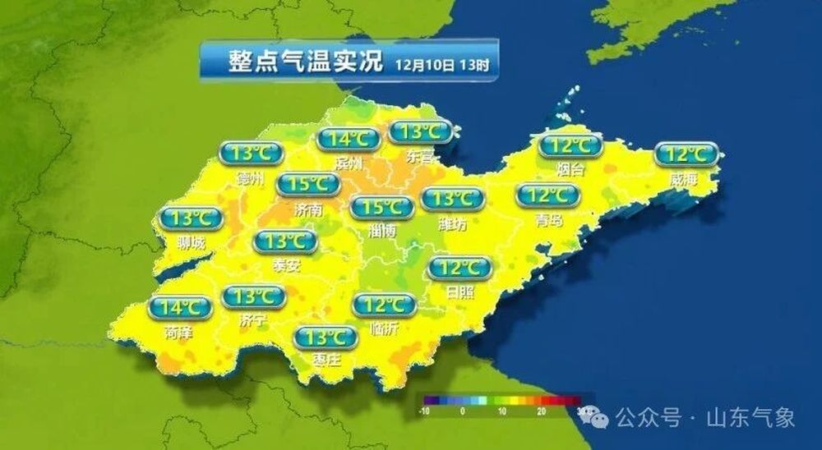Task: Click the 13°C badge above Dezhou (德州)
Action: tap(252, 153)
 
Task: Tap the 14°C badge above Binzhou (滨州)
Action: tap(349, 139)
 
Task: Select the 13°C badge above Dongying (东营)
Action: tap(420, 131)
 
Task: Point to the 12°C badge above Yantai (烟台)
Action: tap(570, 146)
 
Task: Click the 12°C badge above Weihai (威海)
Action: tap(687, 154)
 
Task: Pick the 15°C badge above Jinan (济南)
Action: tap(308, 184)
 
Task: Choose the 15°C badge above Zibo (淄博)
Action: tap(381, 207)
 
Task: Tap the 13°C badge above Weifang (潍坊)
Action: tap(452, 199)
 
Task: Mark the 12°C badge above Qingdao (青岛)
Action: tap(548, 195)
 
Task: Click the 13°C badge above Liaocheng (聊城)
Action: tap(191, 218)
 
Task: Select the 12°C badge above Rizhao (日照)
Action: tap(460, 268)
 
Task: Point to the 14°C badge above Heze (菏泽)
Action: tap(180, 308)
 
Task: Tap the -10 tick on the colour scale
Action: tap(427, 410)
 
